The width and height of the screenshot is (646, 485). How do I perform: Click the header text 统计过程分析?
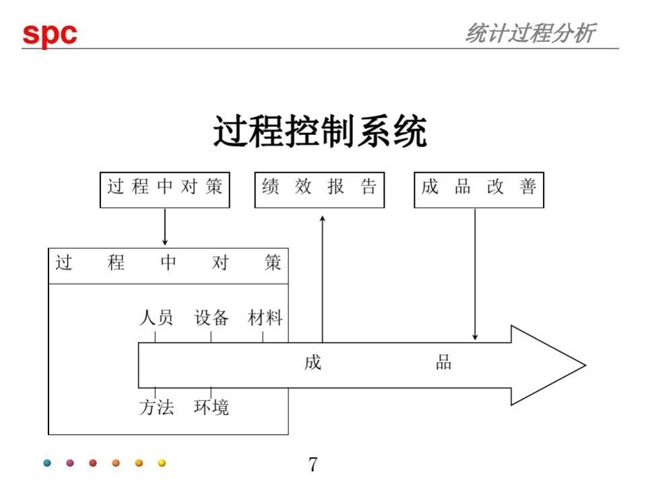(x=529, y=33)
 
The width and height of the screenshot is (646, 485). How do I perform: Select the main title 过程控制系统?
(x=320, y=132)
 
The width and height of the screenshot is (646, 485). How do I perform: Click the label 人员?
(x=156, y=318)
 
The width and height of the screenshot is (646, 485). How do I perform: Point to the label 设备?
(x=212, y=318)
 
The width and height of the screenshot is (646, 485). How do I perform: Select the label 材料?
(x=265, y=318)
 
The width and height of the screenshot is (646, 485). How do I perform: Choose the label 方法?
(x=156, y=407)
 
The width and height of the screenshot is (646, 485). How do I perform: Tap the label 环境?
(x=212, y=407)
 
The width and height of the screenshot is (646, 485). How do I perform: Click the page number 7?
(x=313, y=464)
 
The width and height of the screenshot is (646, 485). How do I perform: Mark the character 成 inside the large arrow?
(x=313, y=363)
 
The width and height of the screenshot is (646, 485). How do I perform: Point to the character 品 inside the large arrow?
(x=443, y=363)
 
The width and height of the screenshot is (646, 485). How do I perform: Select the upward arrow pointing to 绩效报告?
(x=323, y=277)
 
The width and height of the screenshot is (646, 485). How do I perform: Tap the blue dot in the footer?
(x=46, y=463)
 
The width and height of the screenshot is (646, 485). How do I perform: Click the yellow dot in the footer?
(x=162, y=463)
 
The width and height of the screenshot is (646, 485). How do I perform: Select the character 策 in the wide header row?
(x=273, y=263)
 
